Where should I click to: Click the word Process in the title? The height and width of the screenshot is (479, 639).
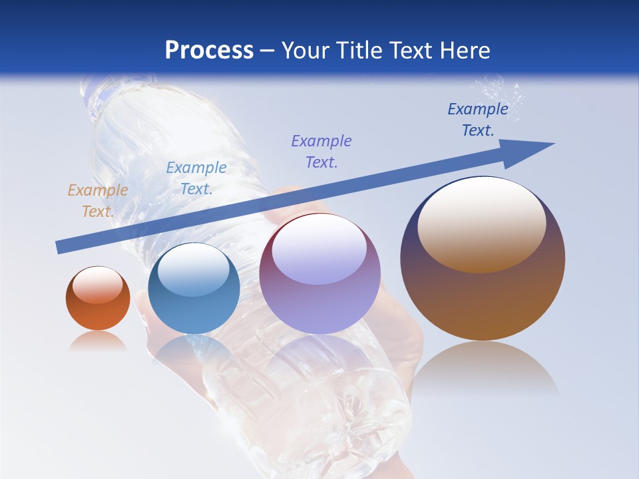pyautogui.click(x=209, y=51)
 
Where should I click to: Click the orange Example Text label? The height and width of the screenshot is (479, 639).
pyautogui.click(x=97, y=201)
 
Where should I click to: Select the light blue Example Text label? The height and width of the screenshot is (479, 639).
pyautogui.click(x=196, y=178)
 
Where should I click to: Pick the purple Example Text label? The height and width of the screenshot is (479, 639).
pyautogui.click(x=321, y=152)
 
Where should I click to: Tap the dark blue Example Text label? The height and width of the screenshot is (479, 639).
pyautogui.click(x=477, y=120)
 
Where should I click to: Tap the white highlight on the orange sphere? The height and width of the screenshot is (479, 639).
pyautogui.click(x=97, y=284)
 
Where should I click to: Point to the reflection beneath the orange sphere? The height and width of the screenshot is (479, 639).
pyautogui.click(x=98, y=341)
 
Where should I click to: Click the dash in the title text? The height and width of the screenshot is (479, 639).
pyautogui.click(x=267, y=51)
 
